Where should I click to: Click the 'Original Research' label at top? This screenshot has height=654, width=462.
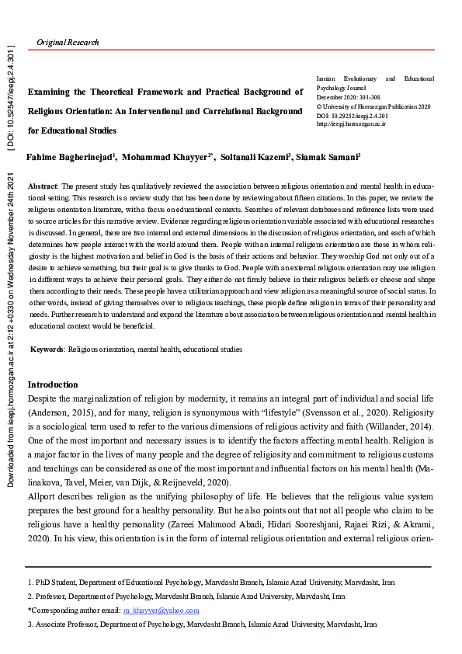(x=68, y=42)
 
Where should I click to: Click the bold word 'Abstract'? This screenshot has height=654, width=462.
(x=43, y=188)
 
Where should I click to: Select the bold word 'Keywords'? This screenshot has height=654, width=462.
(x=47, y=350)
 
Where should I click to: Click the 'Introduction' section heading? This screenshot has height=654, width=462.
(x=53, y=384)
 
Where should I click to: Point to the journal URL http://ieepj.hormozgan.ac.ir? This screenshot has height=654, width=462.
(x=352, y=123)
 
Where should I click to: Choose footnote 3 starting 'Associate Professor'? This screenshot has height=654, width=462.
(x=202, y=624)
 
